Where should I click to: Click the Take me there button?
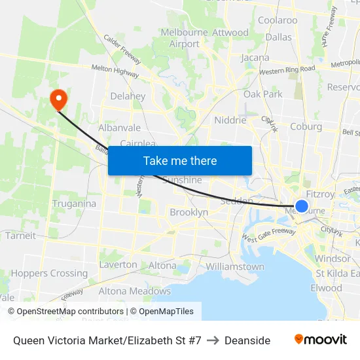180,160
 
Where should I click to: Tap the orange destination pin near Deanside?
59,99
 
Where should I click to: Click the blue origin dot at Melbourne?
302,206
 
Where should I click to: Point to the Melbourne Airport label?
184,39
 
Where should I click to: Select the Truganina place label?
74,204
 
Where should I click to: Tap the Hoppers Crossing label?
49,274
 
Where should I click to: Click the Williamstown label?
235,267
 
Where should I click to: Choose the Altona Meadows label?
135,291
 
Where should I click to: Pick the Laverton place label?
118,265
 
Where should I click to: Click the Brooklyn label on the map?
189,213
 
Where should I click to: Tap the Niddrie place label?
230,120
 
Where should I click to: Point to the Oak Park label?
263,94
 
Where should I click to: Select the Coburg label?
306,127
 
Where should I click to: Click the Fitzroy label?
320,194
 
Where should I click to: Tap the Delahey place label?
128,96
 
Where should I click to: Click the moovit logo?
321,340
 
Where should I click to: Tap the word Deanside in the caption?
247,340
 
